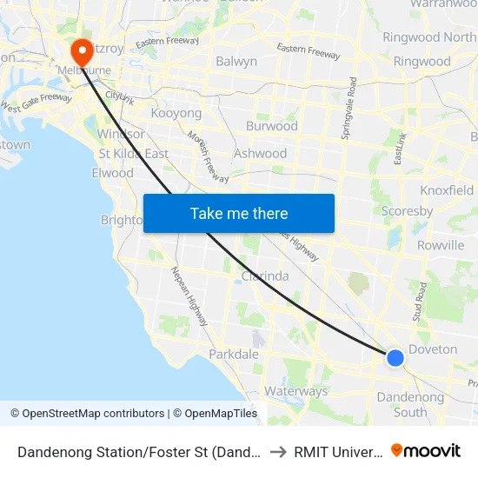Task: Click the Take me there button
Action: coord(239,214)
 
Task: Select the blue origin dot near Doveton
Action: coord(395,357)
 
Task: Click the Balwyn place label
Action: coord(236,62)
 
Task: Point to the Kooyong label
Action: coord(176,113)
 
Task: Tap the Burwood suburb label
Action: coord(271,126)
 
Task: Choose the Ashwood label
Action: coord(260,154)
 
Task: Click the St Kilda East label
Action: coord(133,154)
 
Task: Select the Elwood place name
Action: coord(112,173)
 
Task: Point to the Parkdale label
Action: coord(234,355)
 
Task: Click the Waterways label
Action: coord(295,391)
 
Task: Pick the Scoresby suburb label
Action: coord(408,211)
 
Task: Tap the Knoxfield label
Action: coord(447,190)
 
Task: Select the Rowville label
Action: coord(441,245)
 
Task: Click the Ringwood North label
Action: coord(429,37)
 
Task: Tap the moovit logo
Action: coord(426,450)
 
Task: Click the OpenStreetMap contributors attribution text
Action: coord(87,414)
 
